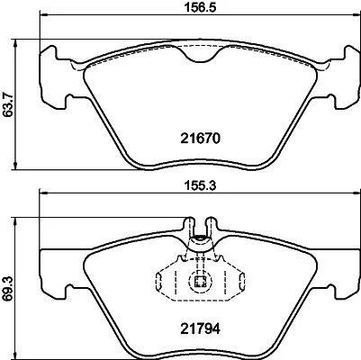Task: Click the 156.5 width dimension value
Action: point(201,7)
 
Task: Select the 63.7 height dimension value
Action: point(7,104)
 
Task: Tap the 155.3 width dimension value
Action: point(201,185)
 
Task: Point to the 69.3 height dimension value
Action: point(7,289)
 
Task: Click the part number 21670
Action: point(201,139)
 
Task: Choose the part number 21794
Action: point(201,329)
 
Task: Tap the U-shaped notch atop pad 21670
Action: point(200,54)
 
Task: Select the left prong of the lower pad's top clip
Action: point(189,227)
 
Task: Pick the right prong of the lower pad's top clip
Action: point(212,227)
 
